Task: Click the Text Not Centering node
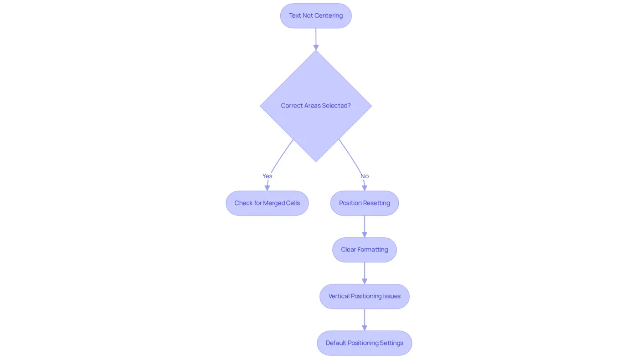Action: click(x=315, y=15)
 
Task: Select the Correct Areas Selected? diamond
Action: click(x=315, y=106)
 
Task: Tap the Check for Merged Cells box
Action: click(x=267, y=203)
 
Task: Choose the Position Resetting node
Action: click(x=364, y=203)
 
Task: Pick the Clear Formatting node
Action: click(x=364, y=250)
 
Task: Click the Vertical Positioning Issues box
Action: click(x=364, y=296)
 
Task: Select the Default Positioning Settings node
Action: click(x=364, y=343)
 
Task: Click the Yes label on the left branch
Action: click(x=267, y=176)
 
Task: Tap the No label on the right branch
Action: click(x=365, y=176)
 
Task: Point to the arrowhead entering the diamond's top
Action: click(x=316, y=47)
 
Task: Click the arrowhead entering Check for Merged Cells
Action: click(x=267, y=188)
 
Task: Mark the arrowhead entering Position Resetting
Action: click(x=364, y=188)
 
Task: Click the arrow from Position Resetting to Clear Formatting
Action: click(x=364, y=226)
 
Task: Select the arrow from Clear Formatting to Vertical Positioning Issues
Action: click(x=364, y=273)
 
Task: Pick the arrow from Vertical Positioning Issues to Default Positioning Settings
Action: click(x=364, y=319)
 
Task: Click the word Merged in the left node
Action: click(x=274, y=203)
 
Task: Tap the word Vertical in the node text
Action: click(x=339, y=296)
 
